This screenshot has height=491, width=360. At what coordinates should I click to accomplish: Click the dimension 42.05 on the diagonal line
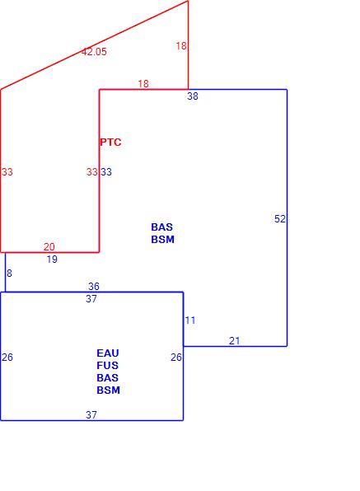[x=94, y=52]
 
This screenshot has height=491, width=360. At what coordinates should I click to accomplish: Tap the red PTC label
[x=110, y=143]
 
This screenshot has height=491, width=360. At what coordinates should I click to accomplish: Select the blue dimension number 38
[x=193, y=96]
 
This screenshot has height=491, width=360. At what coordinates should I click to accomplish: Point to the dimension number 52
[x=280, y=219]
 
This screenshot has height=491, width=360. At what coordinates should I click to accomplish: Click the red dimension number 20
[x=49, y=247]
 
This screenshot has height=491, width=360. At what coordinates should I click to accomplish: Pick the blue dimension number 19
[x=52, y=260]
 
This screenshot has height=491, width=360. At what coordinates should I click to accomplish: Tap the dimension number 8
[x=9, y=274]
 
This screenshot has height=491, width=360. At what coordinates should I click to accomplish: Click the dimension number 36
[x=94, y=286]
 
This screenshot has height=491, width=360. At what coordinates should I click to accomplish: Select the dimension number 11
[x=190, y=320]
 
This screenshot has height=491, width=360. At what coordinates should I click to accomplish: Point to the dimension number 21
[x=235, y=341]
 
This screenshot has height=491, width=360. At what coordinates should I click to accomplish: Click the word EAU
[x=108, y=353]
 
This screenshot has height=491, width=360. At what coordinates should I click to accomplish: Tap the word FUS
[x=107, y=366]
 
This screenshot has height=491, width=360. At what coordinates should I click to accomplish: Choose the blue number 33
[x=106, y=172]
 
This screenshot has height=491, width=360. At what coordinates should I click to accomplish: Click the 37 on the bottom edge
[x=91, y=415]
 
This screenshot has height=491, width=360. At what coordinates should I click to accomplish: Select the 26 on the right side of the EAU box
[x=176, y=358]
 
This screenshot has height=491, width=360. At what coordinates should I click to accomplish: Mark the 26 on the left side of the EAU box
[x=7, y=358]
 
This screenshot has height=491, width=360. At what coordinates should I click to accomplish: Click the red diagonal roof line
[x=94, y=45]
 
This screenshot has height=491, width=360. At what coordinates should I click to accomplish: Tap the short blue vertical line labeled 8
[x=5, y=272]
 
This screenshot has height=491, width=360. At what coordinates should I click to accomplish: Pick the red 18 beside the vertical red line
[x=181, y=46]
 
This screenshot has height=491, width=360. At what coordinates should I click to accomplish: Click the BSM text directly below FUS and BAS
[x=108, y=390]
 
